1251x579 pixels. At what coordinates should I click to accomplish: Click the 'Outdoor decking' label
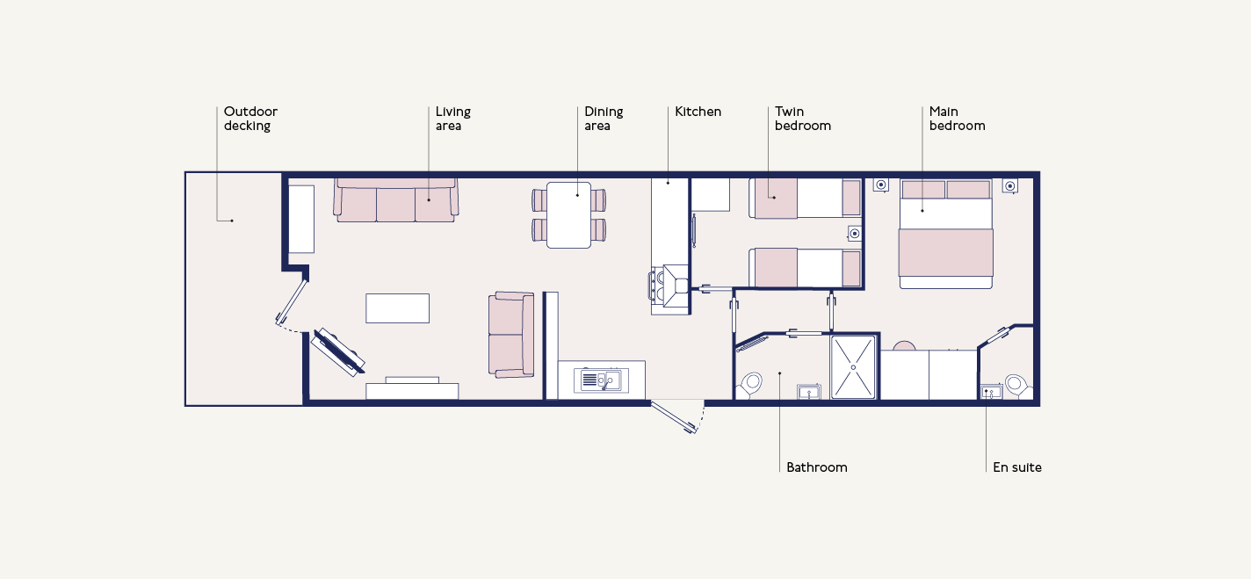click(x=250, y=119)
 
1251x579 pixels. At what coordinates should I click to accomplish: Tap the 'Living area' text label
click(x=453, y=119)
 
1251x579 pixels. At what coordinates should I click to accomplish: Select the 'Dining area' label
click(x=604, y=119)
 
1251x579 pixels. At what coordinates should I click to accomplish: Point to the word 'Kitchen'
click(x=698, y=112)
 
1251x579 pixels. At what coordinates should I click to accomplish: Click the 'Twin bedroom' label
click(x=803, y=119)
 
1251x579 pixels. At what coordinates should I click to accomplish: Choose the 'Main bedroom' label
click(x=958, y=119)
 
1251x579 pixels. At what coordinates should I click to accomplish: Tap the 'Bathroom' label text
click(x=816, y=467)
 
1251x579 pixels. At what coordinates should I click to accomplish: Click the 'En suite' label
click(x=1017, y=467)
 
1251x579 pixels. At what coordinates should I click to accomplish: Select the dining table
click(x=568, y=215)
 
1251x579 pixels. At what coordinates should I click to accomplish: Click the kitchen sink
click(x=601, y=380)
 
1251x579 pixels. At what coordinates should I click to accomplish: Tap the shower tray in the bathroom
click(x=853, y=367)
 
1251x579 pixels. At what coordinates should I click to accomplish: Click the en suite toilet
click(x=1018, y=387)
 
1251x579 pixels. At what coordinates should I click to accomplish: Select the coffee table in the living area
click(x=398, y=308)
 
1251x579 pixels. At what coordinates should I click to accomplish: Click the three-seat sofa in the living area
click(x=396, y=200)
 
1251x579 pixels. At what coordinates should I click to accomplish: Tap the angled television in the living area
click(x=338, y=351)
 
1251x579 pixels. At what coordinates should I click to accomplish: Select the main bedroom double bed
click(x=945, y=234)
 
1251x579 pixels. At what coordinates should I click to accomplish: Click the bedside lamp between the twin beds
click(x=854, y=234)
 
